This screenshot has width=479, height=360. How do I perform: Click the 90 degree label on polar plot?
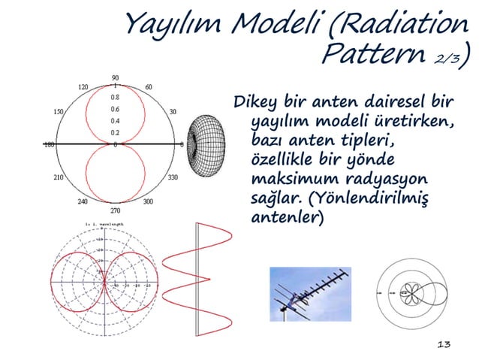tap(115, 77)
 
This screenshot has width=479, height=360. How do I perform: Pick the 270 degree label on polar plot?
tap(115, 212)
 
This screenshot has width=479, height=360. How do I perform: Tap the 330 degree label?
tap(173, 178)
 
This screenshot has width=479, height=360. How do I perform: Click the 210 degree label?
tap(58, 178)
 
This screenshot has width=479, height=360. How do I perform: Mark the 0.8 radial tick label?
tap(115, 97)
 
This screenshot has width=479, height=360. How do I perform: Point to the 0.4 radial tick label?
tap(115, 121)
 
